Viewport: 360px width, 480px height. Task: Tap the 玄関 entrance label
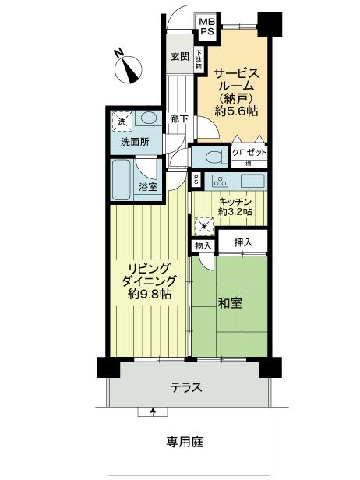point(180,56)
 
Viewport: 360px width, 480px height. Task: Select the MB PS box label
point(206,27)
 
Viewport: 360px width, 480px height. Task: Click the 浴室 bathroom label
point(148,186)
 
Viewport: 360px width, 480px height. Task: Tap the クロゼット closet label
point(249,153)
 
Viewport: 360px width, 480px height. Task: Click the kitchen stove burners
point(220,182)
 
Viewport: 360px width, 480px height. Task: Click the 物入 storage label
point(203,245)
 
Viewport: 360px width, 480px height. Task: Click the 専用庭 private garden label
point(185,442)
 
